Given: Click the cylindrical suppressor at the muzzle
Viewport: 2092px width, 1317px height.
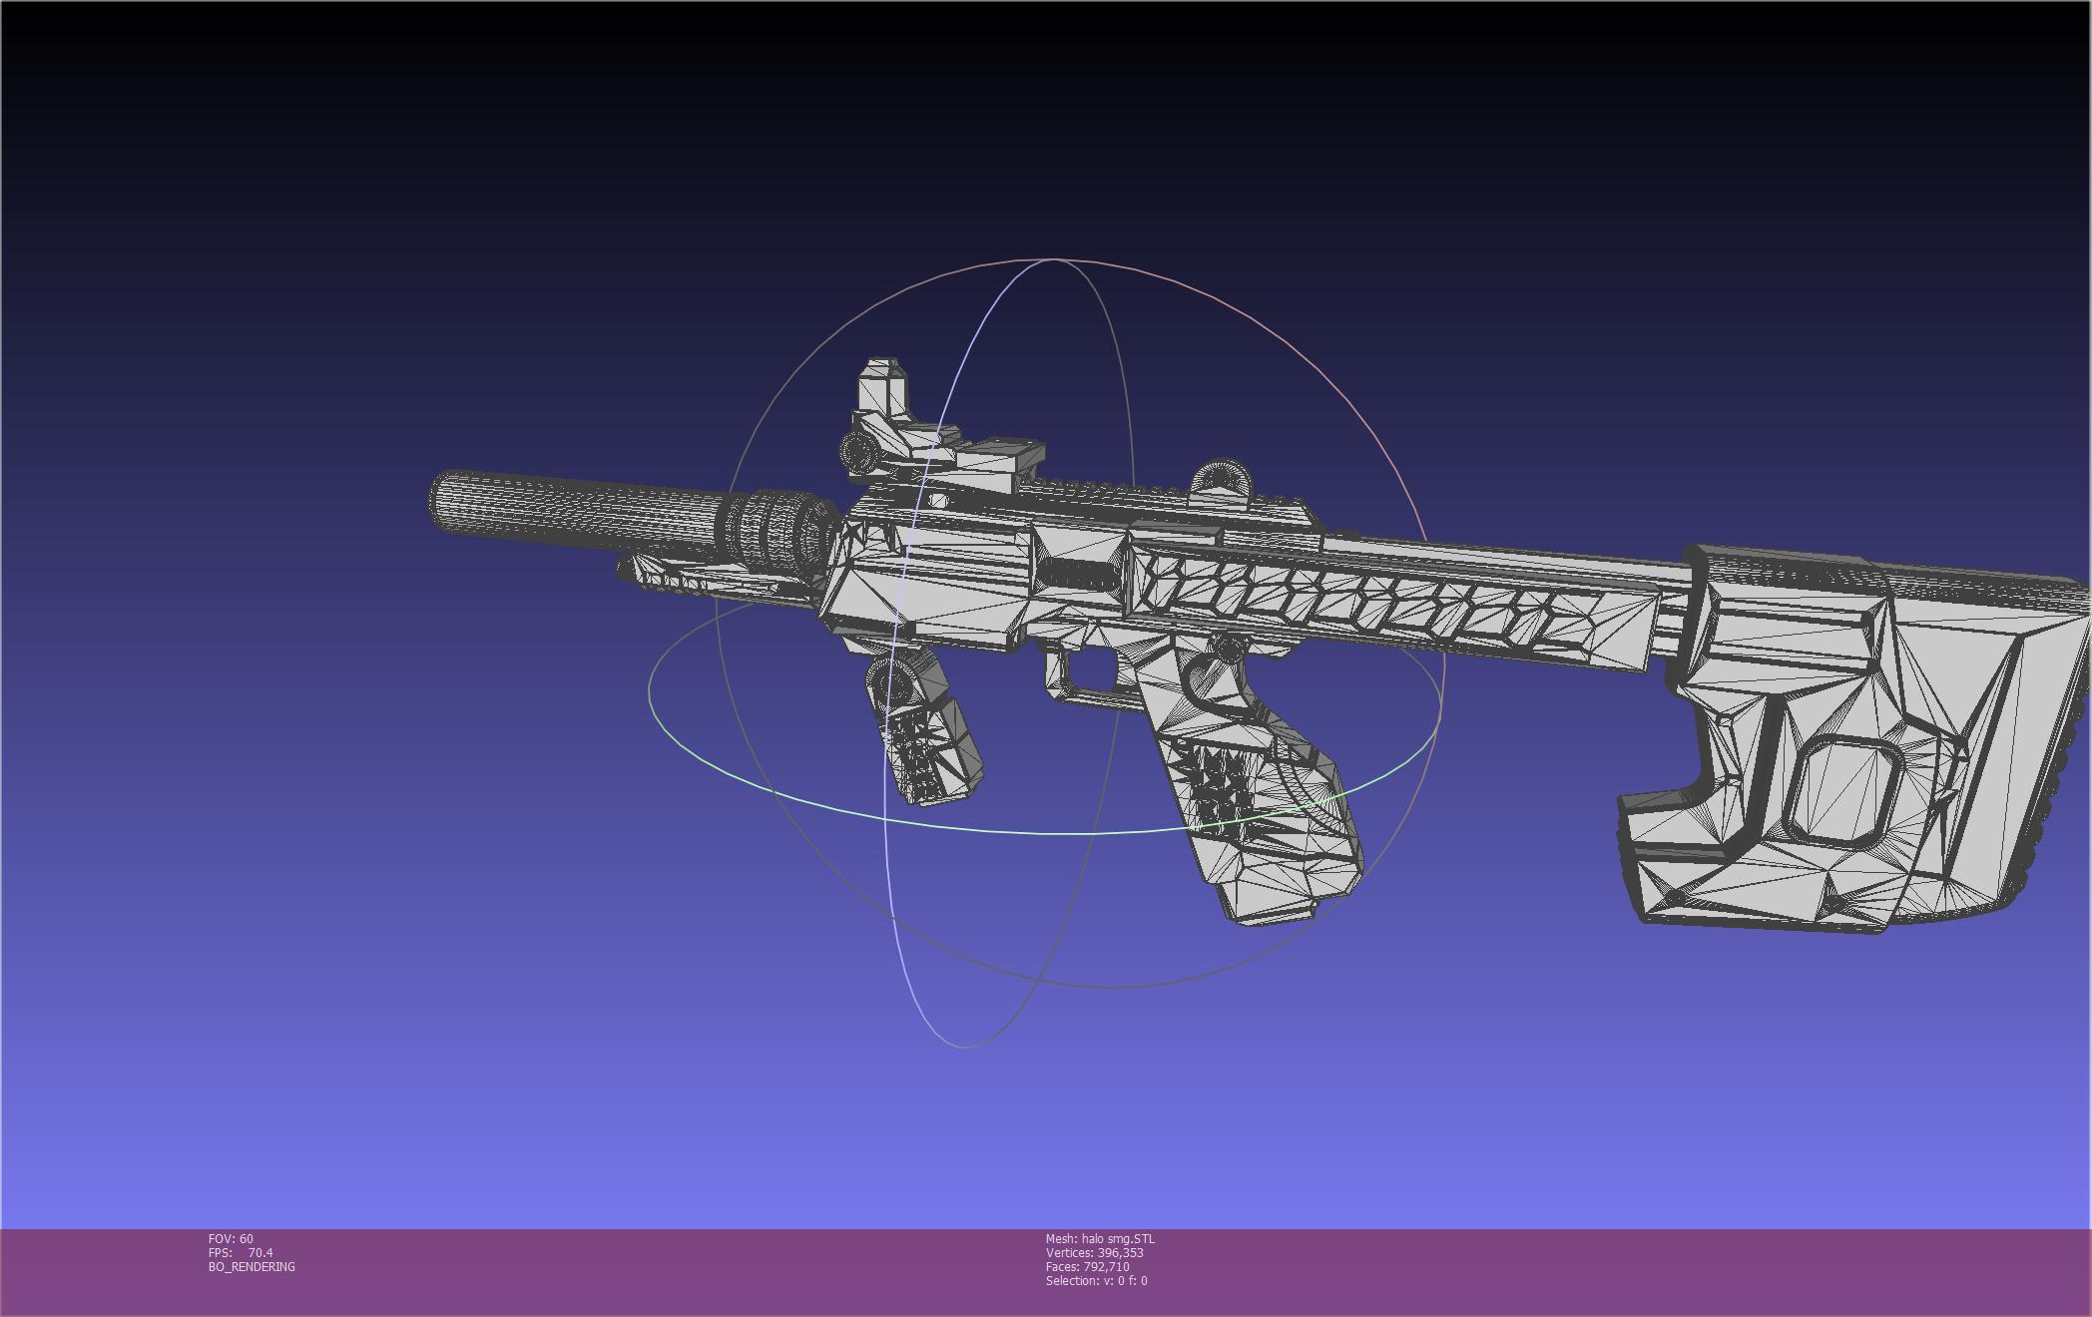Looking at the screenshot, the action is click(x=579, y=511).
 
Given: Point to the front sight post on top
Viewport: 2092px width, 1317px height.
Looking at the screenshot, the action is click(x=882, y=394).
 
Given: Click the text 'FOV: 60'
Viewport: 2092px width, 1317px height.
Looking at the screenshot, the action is click(x=231, y=1239).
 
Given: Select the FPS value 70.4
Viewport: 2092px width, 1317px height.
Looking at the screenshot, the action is click(x=261, y=1253).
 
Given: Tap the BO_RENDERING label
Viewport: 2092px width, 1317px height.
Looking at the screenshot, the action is click(x=252, y=1267).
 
